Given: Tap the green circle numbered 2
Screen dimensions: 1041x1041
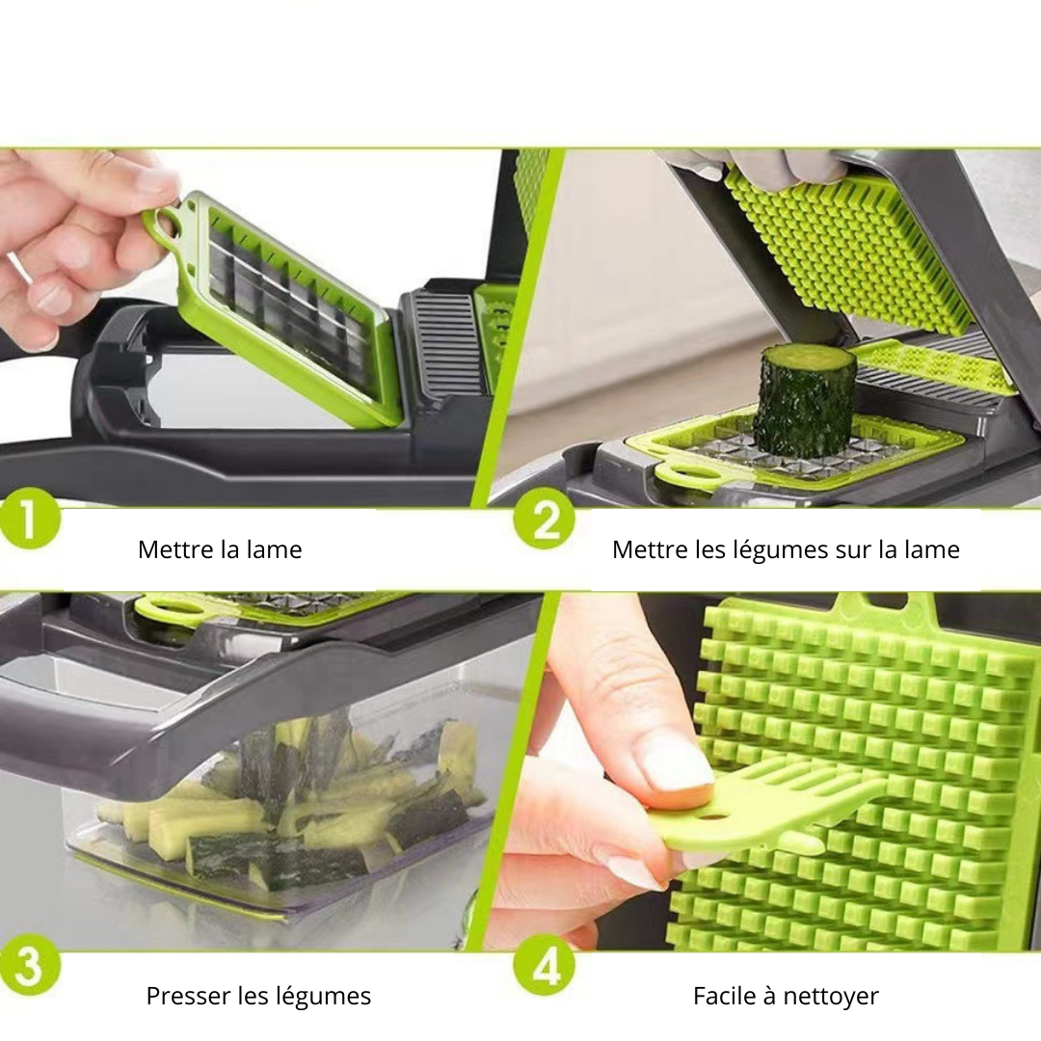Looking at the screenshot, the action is tap(545, 520).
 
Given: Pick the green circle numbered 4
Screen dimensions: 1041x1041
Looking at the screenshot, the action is tap(545, 968).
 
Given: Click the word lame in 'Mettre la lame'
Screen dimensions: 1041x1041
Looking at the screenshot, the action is tap(274, 549).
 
